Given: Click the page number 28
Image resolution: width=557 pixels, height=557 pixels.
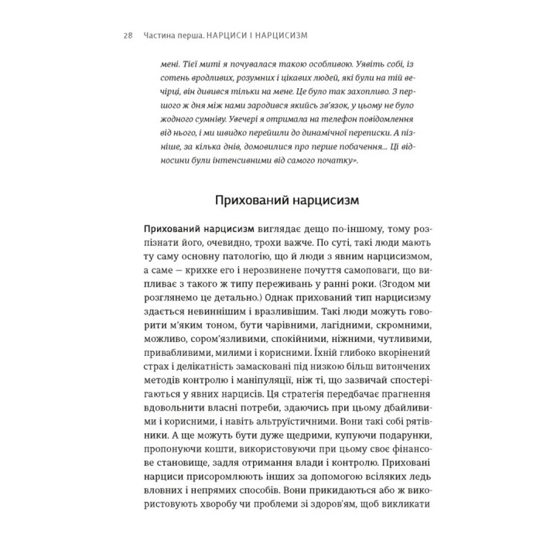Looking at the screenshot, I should pos(128,35).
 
